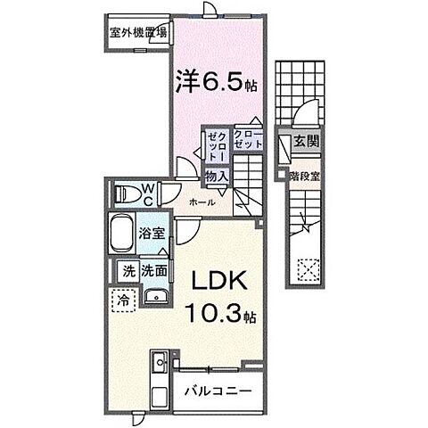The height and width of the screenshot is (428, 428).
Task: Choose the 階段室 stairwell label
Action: point(305,176)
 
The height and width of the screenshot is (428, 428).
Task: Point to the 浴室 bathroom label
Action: point(152,235)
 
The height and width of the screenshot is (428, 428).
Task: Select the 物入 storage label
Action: point(216,177)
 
